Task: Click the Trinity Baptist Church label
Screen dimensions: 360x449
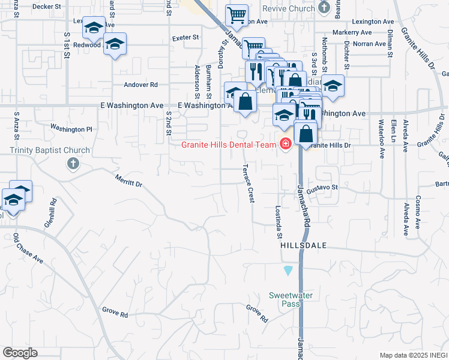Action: (x=50, y=151)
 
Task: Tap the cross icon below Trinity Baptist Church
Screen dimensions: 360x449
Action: (x=73, y=163)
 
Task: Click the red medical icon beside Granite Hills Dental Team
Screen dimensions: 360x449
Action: (x=285, y=144)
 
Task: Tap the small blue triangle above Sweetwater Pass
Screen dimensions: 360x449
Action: (x=289, y=271)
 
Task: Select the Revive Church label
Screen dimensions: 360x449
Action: (x=288, y=8)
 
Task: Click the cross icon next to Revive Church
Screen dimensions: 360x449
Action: (x=325, y=8)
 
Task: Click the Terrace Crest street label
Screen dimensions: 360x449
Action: (x=248, y=182)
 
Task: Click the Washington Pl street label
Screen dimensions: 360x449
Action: (x=71, y=128)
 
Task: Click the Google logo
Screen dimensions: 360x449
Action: (x=20, y=353)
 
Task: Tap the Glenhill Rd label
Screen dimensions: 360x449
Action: (x=50, y=212)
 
